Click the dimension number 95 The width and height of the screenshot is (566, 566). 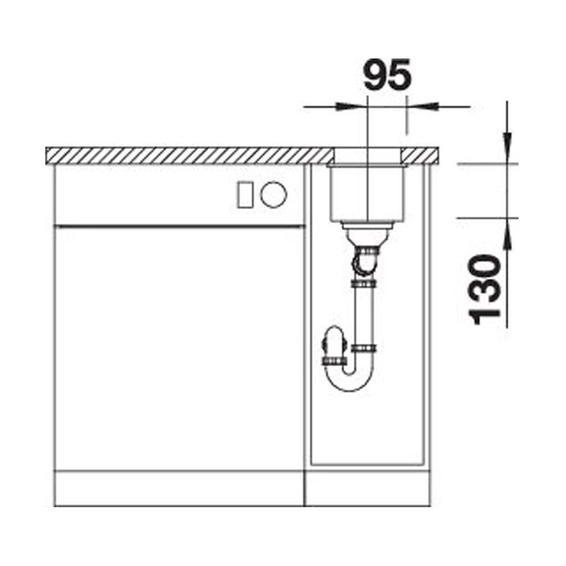coord(387,74)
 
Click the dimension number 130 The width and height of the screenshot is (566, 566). coord(484,289)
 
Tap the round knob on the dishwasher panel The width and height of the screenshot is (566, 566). coord(274,194)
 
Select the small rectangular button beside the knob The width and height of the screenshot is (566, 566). coord(245,195)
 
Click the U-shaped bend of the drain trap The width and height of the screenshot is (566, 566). coord(349,383)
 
